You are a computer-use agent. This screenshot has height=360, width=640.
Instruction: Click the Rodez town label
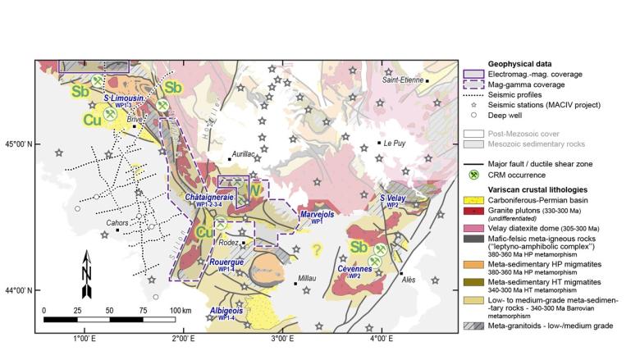pos(231,243)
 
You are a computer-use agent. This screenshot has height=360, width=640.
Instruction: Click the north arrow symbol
pos(88,275)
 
